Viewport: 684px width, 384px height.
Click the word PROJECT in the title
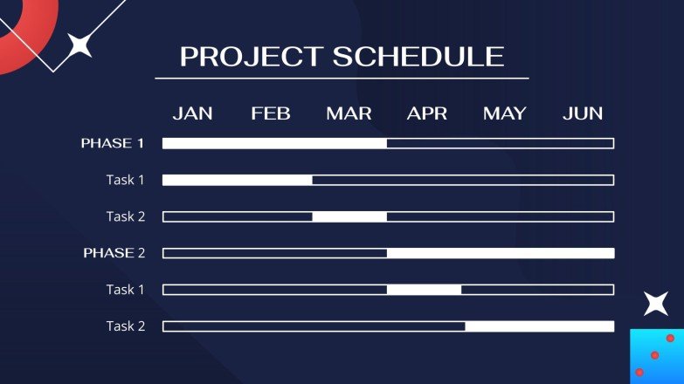pos(252,57)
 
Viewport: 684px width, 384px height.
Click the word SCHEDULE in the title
pos(418,57)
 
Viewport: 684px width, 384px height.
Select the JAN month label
pos(192,113)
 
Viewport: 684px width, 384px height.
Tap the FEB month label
pos(271,113)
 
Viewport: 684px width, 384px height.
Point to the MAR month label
pos(349,113)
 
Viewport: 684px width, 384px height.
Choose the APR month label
pos(427,113)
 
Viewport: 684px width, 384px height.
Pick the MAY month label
pos(505,113)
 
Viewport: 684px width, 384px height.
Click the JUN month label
pos(583,113)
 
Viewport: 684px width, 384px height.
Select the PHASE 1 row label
pos(113,143)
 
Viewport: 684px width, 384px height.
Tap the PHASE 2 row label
pos(114,253)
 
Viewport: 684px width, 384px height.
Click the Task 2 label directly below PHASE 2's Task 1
pos(126,326)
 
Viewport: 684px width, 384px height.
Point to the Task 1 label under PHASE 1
pos(125,180)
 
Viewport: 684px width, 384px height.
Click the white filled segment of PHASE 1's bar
pos(274,143)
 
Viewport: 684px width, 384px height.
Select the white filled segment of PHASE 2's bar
pos(501,253)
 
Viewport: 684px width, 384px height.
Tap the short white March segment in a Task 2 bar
pos(349,216)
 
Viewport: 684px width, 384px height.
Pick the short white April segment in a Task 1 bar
pos(424,290)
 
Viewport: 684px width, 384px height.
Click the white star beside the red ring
pos(79,45)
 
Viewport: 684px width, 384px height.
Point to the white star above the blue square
pos(656,304)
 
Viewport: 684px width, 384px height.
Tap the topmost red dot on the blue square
pos(671,338)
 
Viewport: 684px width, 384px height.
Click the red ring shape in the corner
pos(41,41)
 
